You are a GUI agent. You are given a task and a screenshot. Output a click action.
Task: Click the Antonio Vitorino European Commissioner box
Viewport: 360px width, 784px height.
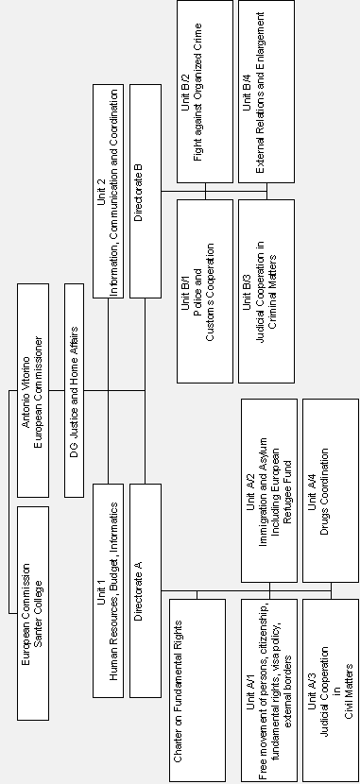tap(32, 388)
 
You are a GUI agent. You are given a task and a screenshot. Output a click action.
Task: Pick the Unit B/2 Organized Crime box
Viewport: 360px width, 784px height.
tap(205, 91)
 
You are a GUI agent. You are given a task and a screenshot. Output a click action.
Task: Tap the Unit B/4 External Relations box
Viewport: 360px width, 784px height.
tap(266, 91)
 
